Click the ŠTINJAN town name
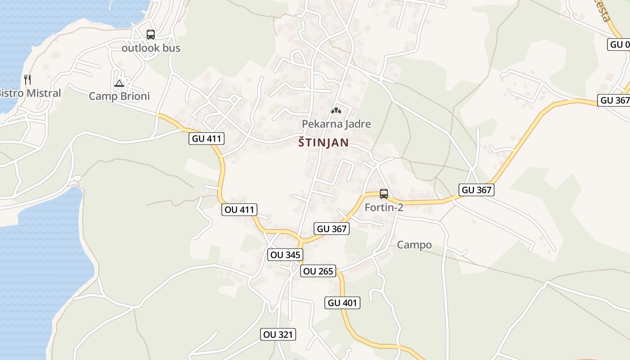tap(323, 143)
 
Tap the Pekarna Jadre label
tap(336, 124)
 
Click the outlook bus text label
tap(151, 48)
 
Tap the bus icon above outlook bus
tap(151, 34)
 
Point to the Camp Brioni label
tap(119, 96)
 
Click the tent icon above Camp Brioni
tap(119, 83)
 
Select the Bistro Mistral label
tap(30, 93)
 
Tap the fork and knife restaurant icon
tap(28, 80)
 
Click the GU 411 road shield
tap(207, 139)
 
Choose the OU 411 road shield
tap(239, 209)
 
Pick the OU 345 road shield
tap(284, 255)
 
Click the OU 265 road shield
tap(318, 271)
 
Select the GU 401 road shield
tap(342, 303)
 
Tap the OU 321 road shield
tap(278, 334)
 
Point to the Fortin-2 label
tap(384, 207)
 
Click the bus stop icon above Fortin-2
tap(384, 194)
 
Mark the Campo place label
tap(414, 245)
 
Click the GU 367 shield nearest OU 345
tap(332, 229)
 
